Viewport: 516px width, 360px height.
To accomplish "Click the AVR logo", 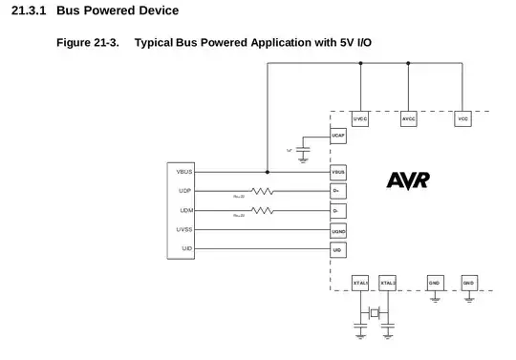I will click(x=408, y=180).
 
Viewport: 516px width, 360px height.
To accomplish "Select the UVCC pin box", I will click(x=360, y=119).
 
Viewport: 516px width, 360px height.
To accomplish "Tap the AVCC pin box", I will click(x=408, y=119).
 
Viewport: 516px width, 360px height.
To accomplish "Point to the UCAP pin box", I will click(x=337, y=137).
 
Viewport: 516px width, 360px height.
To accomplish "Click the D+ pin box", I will click(x=337, y=191).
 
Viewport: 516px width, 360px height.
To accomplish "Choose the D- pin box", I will click(x=337, y=210).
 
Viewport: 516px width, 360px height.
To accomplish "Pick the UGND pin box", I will click(x=337, y=230).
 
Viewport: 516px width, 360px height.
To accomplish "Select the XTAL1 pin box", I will click(x=360, y=283).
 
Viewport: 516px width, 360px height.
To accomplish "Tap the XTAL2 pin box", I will click(x=387, y=283).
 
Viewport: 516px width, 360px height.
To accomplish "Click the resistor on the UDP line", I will click(x=263, y=191).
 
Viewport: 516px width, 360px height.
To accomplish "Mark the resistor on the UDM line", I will click(x=263, y=210).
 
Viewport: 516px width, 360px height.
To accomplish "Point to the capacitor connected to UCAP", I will click(x=304, y=150).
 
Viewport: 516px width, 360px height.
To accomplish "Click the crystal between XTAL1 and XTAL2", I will click(x=374, y=312).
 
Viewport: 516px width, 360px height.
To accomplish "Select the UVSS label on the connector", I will click(x=184, y=230).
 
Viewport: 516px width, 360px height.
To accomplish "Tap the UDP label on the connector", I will click(x=185, y=191).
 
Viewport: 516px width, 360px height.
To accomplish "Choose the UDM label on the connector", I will click(x=185, y=210).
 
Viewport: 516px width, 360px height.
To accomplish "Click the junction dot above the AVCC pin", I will click(x=408, y=64).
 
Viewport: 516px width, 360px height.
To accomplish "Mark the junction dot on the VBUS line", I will click(x=267, y=172).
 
